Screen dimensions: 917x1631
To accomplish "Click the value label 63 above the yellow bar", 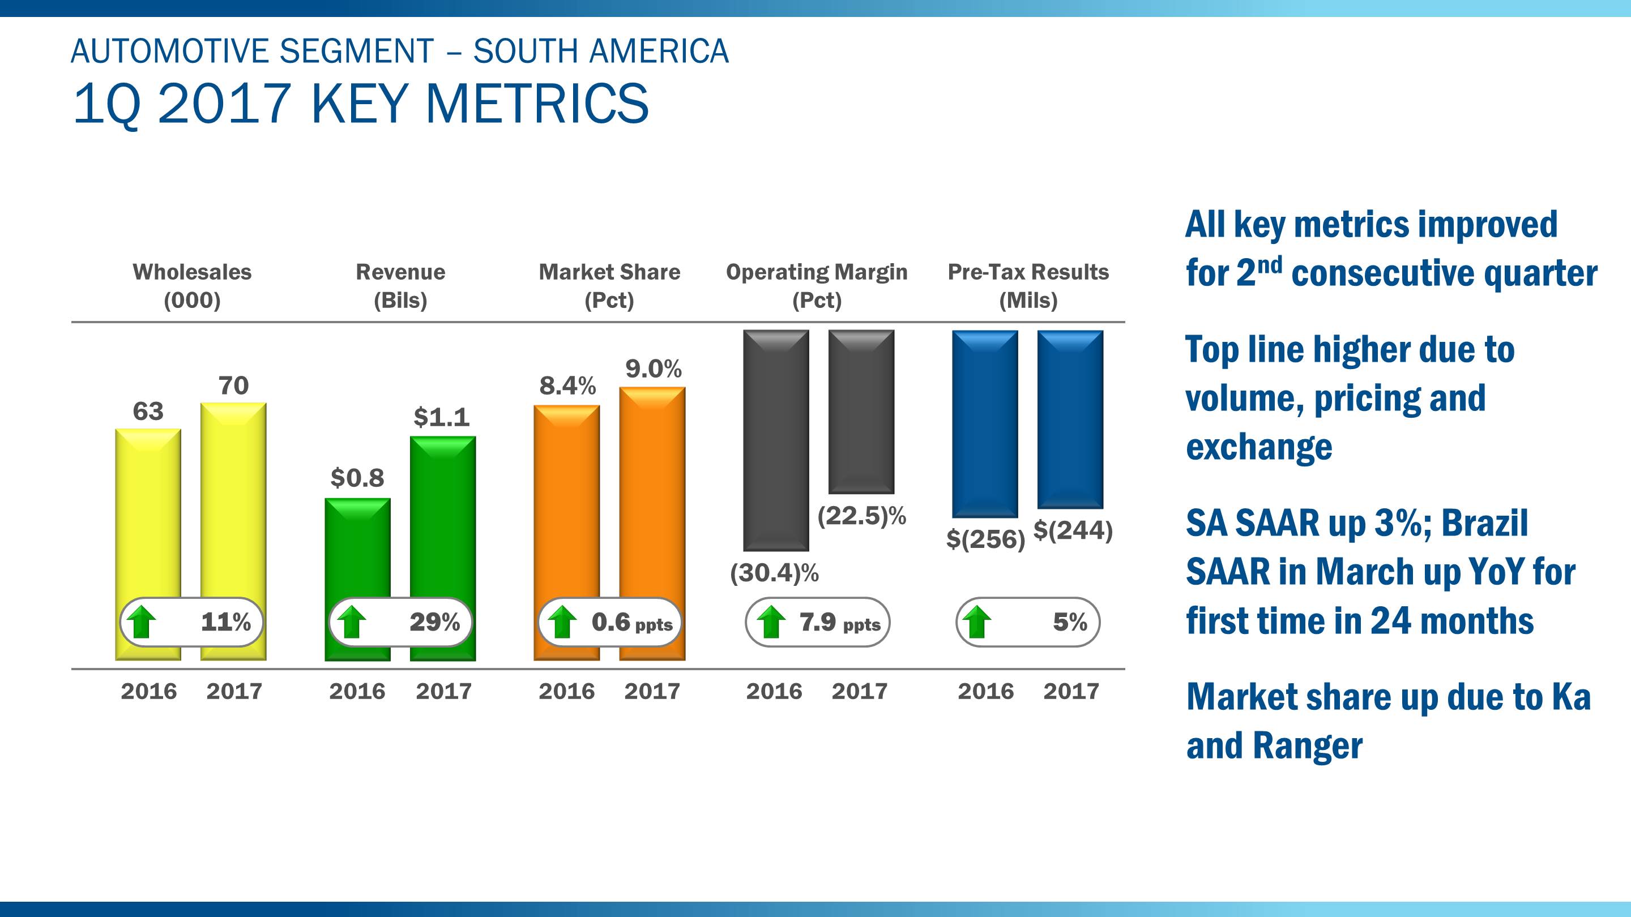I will coord(148,412).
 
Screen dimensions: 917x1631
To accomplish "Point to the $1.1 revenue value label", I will coord(441,418).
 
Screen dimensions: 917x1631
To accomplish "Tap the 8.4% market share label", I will coord(567,386).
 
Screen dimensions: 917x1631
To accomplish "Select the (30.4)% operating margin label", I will coord(774,573).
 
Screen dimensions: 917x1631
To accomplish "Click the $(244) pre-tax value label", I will coord(1073,530).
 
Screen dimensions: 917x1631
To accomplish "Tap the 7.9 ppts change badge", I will coord(817,623).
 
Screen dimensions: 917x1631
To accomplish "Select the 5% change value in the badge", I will coord(1069,622).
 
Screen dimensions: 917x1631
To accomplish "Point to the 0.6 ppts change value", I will coord(631,623).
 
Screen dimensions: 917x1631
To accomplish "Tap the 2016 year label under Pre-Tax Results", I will coord(985,691).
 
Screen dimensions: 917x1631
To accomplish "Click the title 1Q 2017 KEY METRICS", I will coord(361,104).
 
